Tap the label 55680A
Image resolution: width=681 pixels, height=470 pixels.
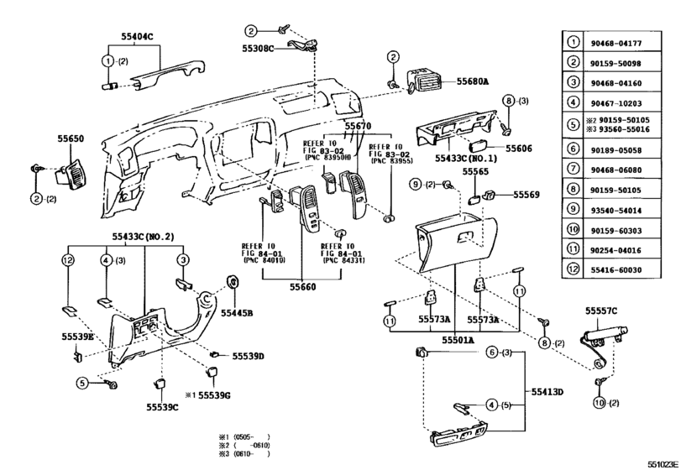click(x=473, y=83)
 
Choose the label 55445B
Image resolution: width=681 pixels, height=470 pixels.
click(x=237, y=313)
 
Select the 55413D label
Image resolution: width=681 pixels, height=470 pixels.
click(x=547, y=391)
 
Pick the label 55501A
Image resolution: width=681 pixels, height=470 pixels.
click(x=458, y=341)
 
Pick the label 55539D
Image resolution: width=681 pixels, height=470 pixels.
click(x=248, y=357)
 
